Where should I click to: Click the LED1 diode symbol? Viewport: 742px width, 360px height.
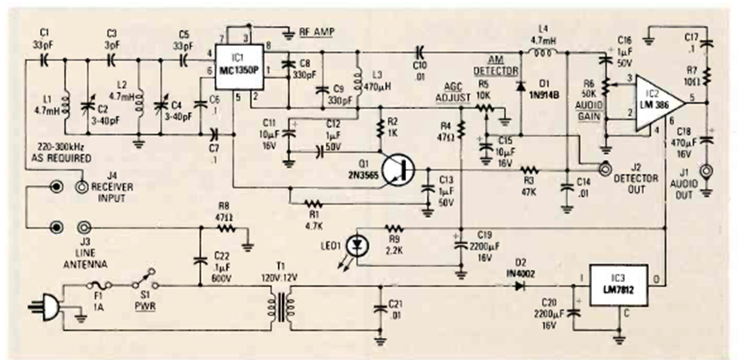pyautogui.click(x=359, y=244)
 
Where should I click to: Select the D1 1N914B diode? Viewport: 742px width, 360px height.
pyautogui.click(x=521, y=85)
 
